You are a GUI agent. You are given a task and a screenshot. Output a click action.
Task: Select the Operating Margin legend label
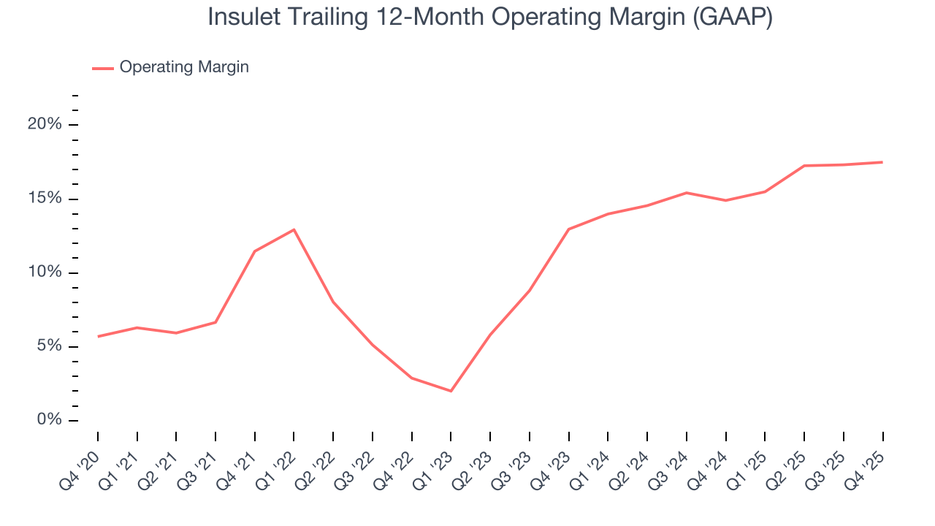click(184, 67)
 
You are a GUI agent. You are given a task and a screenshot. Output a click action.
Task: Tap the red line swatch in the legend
click(102, 68)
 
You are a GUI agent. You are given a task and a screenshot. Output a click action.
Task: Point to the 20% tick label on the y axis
click(45, 125)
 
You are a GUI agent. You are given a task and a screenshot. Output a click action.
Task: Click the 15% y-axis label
click(45, 199)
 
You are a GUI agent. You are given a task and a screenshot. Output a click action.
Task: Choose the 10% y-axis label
click(45, 272)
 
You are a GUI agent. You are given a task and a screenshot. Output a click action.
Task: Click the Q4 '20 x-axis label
click(83, 462)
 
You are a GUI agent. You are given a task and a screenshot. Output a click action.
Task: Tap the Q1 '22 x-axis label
click(278, 462)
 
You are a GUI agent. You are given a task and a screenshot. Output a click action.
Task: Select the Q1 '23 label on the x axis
click(435, 462)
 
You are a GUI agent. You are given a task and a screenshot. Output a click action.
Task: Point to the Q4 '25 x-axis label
click(867, 462)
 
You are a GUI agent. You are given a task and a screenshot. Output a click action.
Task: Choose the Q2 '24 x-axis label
click(632, 462)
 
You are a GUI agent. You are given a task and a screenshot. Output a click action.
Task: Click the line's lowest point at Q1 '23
click(451, 391)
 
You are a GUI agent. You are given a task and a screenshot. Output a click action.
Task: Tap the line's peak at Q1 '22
click(294, 229)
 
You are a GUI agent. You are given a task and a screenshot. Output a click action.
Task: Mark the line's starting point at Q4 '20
click(98, 336)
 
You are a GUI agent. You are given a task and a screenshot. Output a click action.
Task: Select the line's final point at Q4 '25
click(882, 162)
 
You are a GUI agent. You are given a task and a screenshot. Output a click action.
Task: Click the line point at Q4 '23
click(568, 229)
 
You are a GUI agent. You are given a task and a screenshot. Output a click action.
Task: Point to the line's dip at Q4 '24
click(725, 200)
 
